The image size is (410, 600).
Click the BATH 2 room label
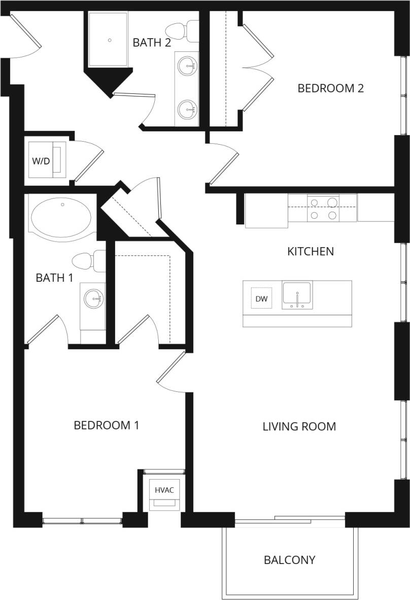pos(152,43)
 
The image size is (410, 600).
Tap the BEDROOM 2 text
pos(330,88)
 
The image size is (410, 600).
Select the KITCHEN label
pos(311,251)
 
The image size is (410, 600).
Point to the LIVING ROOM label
pos(299,426)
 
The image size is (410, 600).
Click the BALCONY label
pos(289,560)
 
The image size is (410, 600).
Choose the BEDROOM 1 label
pos(106,425)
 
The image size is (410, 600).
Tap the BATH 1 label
pos(51,278)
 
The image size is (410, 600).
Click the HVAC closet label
pos(164,490)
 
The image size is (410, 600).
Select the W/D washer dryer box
pos(41,161)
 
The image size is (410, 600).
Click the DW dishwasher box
pos(261,299)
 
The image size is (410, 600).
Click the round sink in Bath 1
pos(93,298)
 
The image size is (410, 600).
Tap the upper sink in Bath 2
pos(188,65)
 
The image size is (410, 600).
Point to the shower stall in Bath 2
pos(110,39)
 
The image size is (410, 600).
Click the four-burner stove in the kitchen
pos(323,209)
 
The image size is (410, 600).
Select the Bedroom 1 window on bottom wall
pos(82,520)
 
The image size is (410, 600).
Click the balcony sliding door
pos(290,519)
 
